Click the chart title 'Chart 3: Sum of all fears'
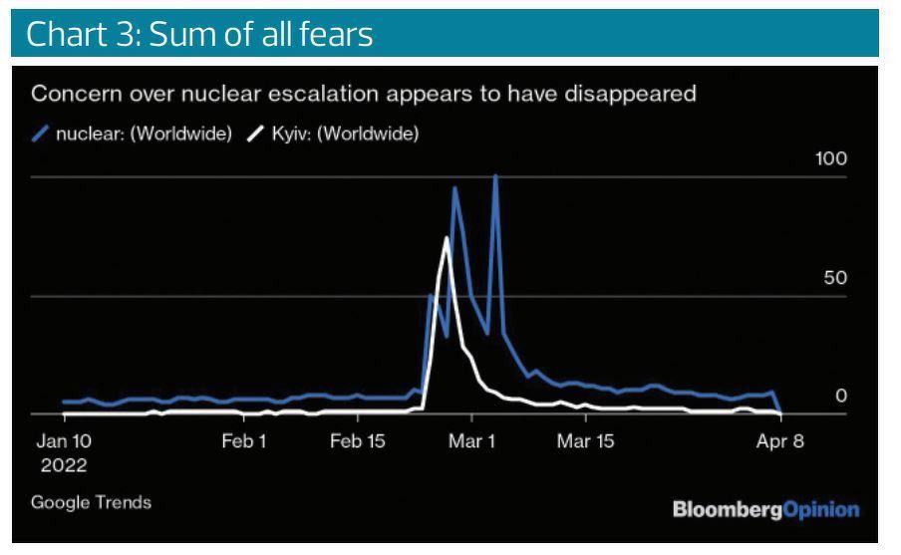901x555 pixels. point(199,34)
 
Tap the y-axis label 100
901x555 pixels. point(830,159)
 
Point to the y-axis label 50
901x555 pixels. point(835,278)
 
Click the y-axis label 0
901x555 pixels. point(840,396)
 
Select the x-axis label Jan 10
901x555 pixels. point(64,441)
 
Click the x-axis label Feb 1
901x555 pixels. point(243,441)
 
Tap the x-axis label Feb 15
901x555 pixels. point(358,441)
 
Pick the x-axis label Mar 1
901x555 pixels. point(471,441)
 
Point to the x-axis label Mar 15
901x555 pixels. point(586,441)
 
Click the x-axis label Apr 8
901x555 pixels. point(779,441)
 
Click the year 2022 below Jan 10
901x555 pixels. point(64,465)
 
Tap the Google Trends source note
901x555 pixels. point(92,502)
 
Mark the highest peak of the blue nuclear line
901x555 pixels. point(495,176)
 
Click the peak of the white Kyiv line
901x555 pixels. point(446,237)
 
